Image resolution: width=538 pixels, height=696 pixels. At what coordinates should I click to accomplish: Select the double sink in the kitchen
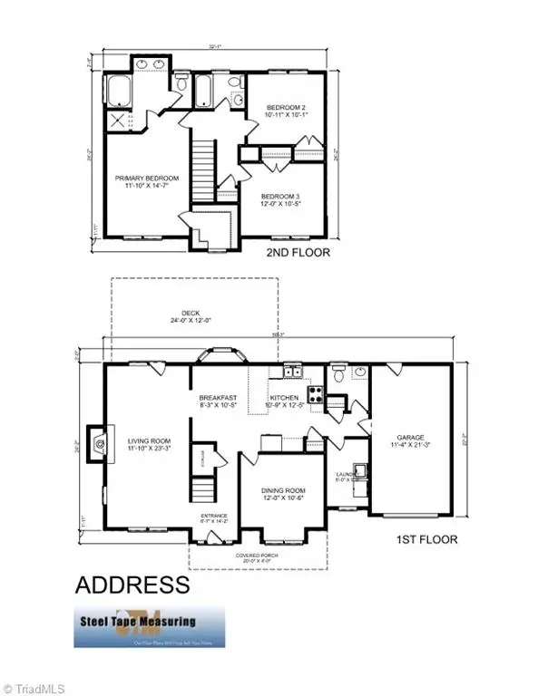292,372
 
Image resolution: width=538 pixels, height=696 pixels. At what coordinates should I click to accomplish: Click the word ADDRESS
132,583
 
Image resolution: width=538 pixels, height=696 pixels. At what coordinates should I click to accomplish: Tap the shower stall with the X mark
117,119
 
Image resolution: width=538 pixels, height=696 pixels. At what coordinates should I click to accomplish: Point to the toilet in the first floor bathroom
339,372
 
